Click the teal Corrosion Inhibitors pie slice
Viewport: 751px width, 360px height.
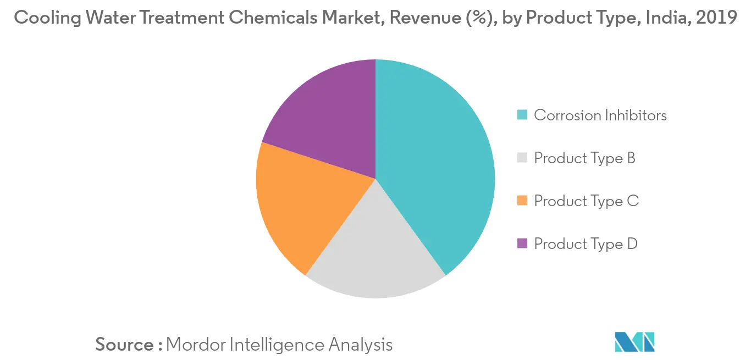tap(434, 165)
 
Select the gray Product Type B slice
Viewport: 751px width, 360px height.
tap(374, 253)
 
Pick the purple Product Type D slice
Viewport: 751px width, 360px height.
tap(324, 121)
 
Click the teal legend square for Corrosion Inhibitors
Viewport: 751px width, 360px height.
tap(523, 115)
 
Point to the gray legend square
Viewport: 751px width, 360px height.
tap(523, 158)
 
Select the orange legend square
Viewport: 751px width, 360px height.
tap(523, 201)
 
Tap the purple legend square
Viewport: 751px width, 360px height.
tap(523, 244)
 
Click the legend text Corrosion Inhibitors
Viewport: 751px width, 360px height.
tap(600, 115)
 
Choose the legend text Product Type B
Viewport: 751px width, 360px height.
tap(584, 158)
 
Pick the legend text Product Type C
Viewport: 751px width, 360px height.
tap(586, 201)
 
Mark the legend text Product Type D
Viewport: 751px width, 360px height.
tap(586, 244)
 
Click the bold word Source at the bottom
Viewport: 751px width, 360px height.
tap(125, 345)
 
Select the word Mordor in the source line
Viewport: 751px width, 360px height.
tap(195, 345)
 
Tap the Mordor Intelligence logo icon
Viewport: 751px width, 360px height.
tap(634, 342)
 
